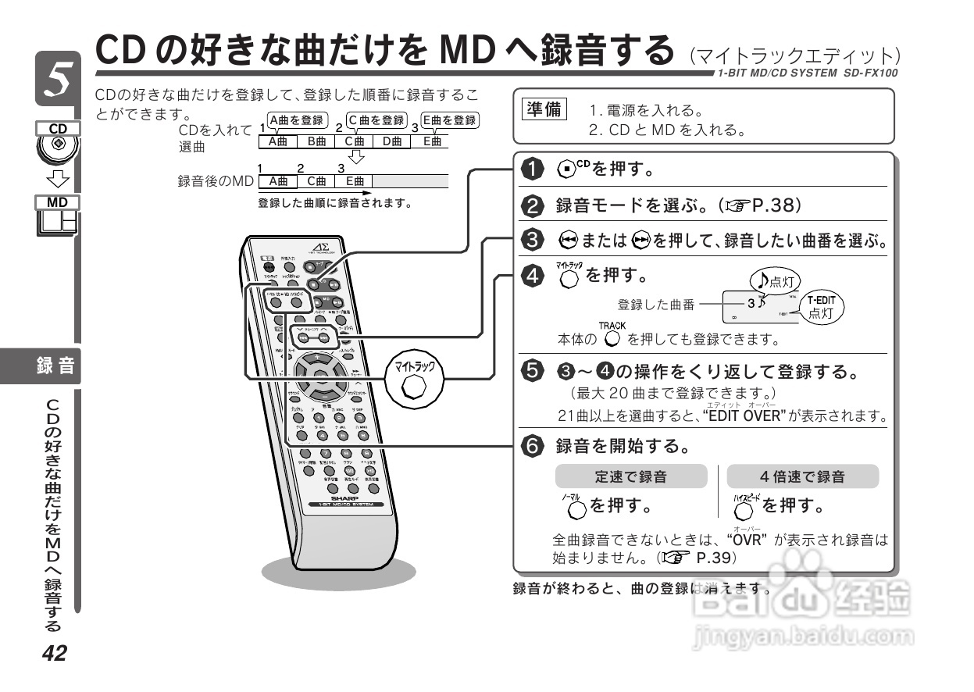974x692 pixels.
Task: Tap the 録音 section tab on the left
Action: tap(55, 365)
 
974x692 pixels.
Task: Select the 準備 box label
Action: tap(544, 110)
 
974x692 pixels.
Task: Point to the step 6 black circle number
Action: tap(532, 446)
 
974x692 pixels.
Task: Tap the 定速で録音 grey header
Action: tap(630, 476)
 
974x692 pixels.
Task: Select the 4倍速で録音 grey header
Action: tap(802, 476)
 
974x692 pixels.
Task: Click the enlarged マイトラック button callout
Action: tap(415, 380)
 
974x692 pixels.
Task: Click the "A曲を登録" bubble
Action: tap(295, 120)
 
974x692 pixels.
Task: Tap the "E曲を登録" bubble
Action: tap(449, 120)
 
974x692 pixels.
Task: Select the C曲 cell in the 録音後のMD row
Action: tap(316, 181)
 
